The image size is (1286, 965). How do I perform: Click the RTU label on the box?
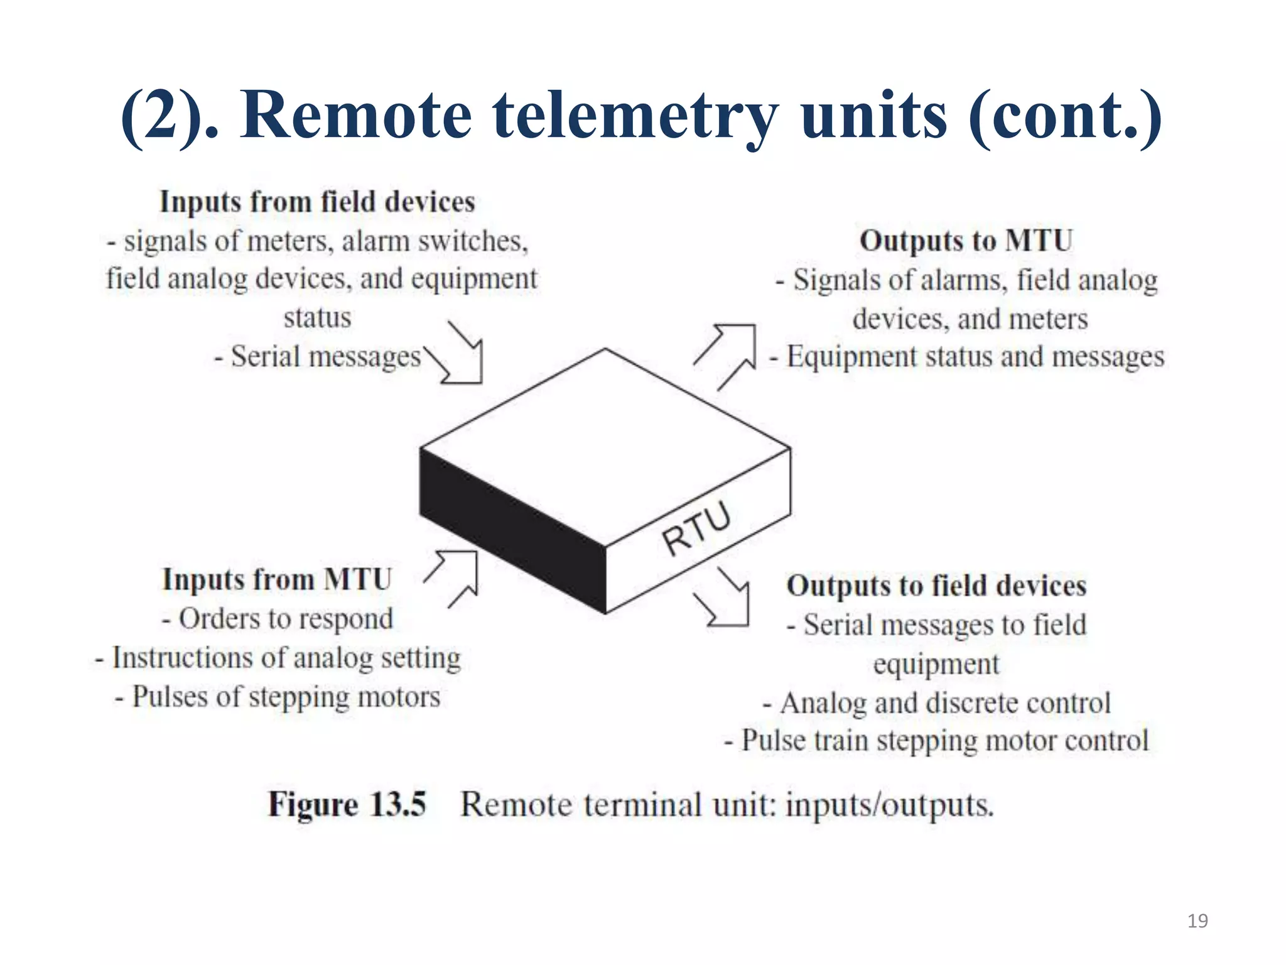click(696, 530)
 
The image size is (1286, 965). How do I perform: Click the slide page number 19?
click(1197, 921)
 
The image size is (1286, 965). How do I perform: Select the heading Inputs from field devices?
click(317, 202)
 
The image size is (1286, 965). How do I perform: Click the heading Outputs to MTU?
click(966, 241)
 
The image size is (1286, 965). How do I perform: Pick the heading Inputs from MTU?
click(277, 579)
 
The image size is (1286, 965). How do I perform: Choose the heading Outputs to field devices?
click(936, 586)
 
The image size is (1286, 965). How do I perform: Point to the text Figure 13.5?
click(347, 804)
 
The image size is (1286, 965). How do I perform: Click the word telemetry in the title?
click(635, 116)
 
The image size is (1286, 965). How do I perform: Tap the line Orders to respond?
click(277, 619)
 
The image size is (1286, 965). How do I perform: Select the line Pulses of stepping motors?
click(277, 697)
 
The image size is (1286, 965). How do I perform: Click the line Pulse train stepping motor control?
click(936, 741)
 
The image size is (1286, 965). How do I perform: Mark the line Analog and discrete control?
click(936, 702)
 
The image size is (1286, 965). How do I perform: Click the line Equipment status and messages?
click(967, 357)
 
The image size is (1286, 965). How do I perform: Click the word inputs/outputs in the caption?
click(890, 805)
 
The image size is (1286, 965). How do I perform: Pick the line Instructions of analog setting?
click(277, 658)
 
